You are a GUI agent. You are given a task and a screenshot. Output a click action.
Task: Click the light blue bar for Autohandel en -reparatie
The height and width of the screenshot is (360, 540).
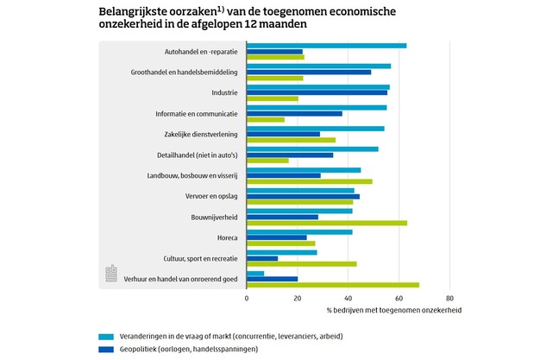click(x=326, y=46)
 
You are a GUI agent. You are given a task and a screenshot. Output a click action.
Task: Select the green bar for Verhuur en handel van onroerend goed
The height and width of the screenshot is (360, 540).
click(x=333, y=285)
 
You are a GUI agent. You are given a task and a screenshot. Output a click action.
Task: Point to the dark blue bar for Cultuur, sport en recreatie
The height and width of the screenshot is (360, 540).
click(x=262, y=258)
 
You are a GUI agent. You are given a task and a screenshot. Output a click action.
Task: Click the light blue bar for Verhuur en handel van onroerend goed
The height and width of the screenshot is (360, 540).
click(x=255, y=273)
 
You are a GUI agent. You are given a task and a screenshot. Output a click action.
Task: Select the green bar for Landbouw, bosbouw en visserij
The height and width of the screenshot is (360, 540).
click(x=310, y=181)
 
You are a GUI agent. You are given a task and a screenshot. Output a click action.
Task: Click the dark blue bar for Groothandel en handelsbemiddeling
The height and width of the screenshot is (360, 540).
click(x=309, y=72)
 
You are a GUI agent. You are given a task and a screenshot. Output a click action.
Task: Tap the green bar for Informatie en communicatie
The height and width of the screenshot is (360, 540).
click(x=266, y=119)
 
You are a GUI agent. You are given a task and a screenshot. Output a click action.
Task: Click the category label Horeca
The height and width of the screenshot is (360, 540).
click(x=228, y=237)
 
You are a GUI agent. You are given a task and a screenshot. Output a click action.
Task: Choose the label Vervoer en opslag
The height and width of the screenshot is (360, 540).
click(x=214, y=196)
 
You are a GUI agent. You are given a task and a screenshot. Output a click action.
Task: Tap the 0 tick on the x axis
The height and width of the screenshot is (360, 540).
click(x=247, y=298)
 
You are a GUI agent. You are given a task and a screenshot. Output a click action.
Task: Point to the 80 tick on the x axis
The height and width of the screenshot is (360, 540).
click(x=449, y=298)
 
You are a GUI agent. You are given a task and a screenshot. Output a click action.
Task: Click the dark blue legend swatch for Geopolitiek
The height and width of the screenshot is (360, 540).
click(x=106, y=350)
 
